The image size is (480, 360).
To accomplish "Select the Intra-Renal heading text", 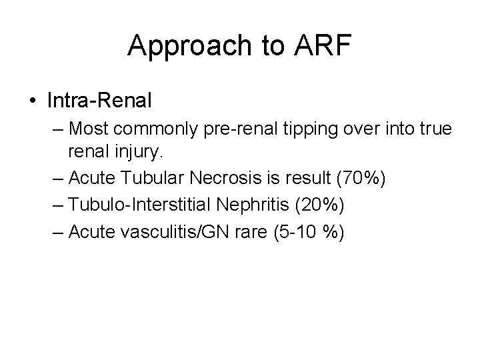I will click(x=100, y=101).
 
